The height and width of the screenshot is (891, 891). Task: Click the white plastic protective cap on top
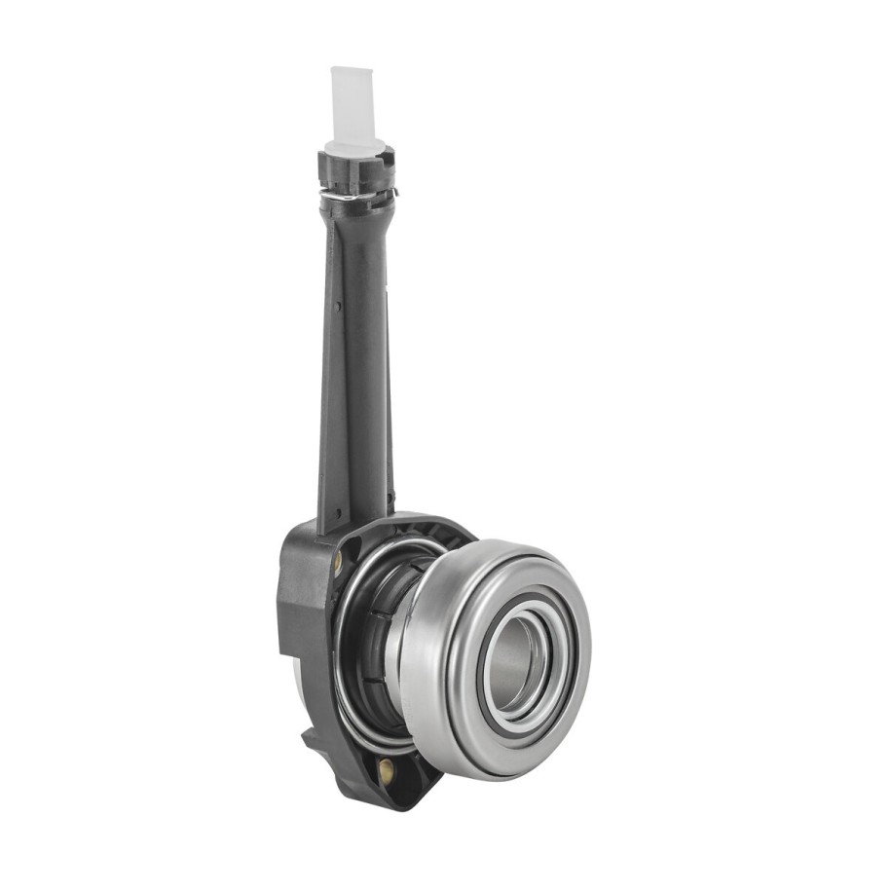click(352, 101)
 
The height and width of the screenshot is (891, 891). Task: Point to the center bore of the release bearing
click(514, 663)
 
